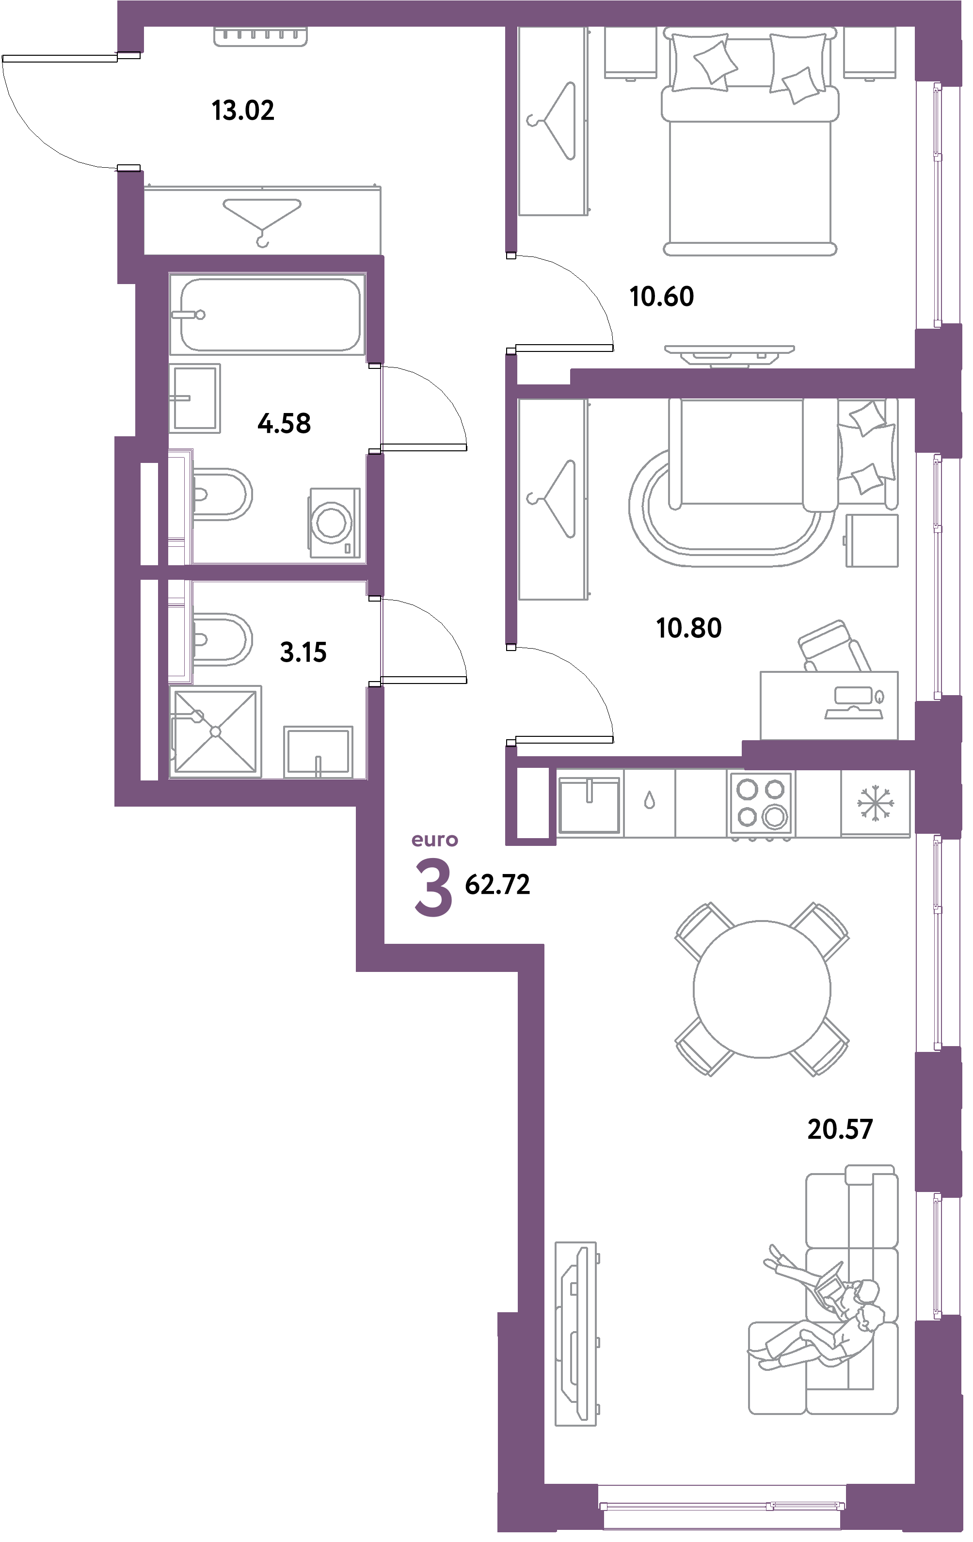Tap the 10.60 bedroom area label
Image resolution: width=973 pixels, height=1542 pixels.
(x=662, y=297)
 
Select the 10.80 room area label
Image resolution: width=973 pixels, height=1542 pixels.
(x=689, y=628)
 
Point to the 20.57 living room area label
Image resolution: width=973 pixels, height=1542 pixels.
(x=840, y=1129)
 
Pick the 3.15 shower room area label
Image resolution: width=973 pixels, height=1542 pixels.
(x=303, y=652)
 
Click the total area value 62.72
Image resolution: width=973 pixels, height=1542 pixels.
(x=497, y=886)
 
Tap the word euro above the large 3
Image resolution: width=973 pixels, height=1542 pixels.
(x=434, y=840)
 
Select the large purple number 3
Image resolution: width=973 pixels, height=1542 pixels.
(x=433, y=888)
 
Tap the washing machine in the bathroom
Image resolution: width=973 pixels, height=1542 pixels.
(x=335, y=523)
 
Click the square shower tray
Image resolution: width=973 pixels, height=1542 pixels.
(x=216, y=731)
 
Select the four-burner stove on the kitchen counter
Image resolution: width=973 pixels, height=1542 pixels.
(x=760, y=803)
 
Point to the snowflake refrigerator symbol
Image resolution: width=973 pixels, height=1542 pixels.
(x=875, y=803)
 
